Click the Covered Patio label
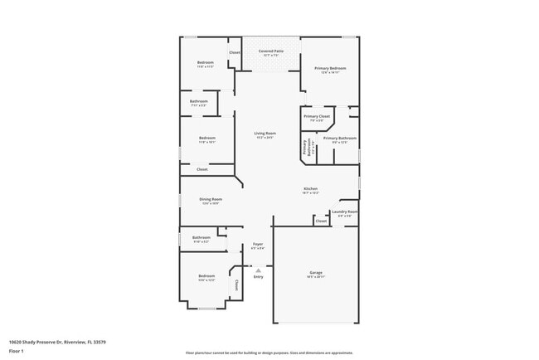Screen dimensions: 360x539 click(x=270, y=51)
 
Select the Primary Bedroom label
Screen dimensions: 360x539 click(x=330, y=68)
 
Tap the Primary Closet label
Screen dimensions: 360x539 click(x=317, y=117)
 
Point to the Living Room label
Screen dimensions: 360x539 click(x=265, y=133)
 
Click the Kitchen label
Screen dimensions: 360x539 click(x=310, y=189)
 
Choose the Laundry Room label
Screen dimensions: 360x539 click(x=344, y=212)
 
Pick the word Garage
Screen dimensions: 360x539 click(x=316, y=272)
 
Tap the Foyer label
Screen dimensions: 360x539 click(x=258, y=244)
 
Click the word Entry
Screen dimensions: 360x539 click(x=258, y=276)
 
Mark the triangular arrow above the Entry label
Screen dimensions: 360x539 click(x=258, y=270)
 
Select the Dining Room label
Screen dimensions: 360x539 click(x=211, y=199)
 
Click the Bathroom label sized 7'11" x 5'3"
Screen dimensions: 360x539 click(x=199, y=102)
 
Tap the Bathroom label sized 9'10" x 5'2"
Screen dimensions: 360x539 click(x=202, y=238)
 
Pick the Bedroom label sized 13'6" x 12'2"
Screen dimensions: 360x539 click(x=206, y=276)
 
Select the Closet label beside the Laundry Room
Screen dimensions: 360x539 click(x=321, y=221)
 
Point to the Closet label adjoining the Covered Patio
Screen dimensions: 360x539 click(x=235, y=52)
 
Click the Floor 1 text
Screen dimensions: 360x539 click(x=17, y=351)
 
